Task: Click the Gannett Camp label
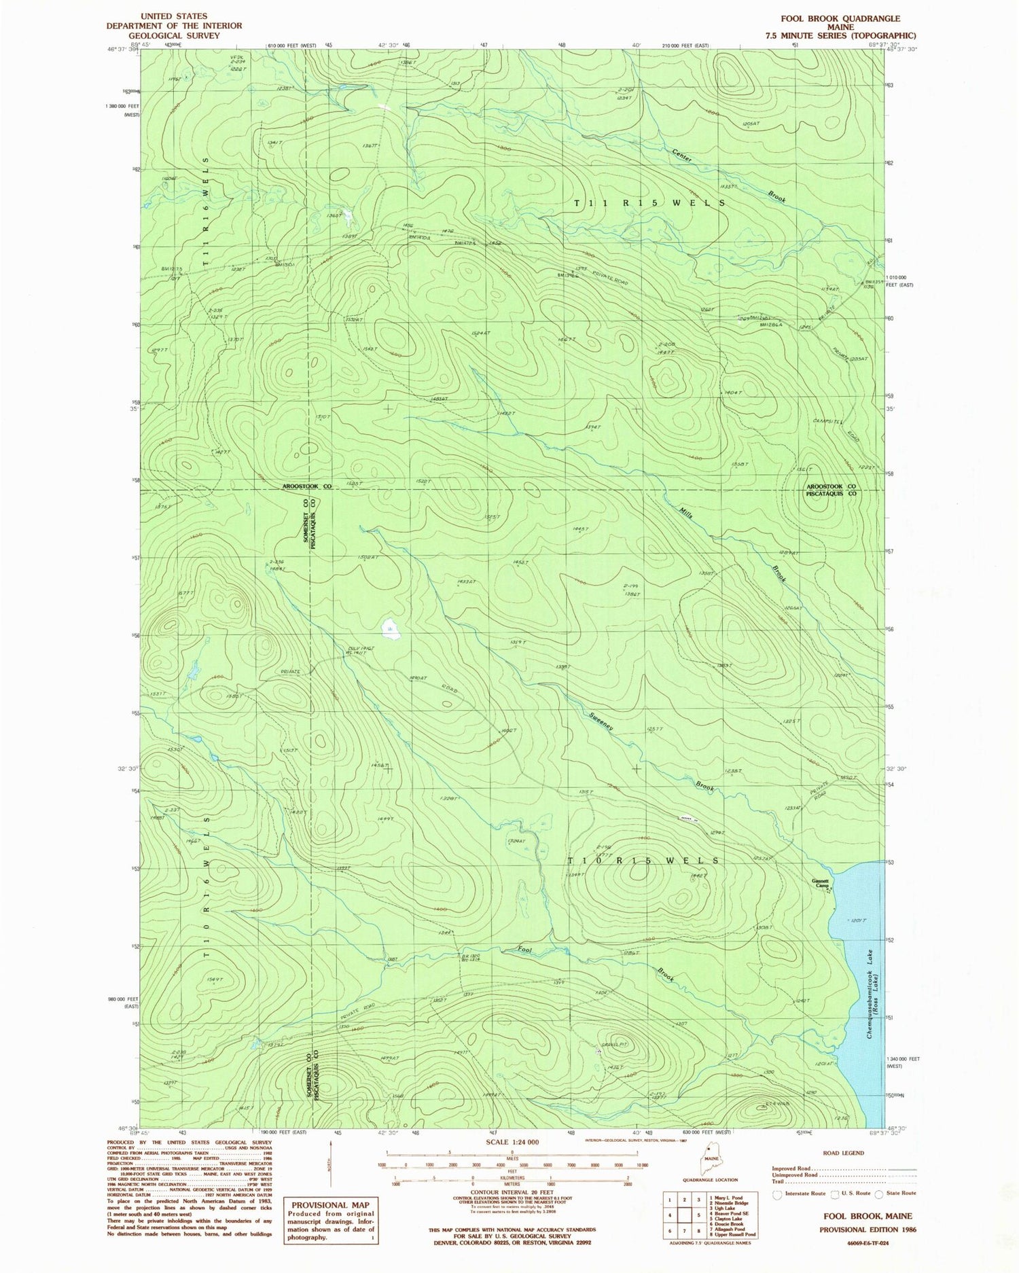coord(821,884)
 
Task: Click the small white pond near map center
coord(390,628)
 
